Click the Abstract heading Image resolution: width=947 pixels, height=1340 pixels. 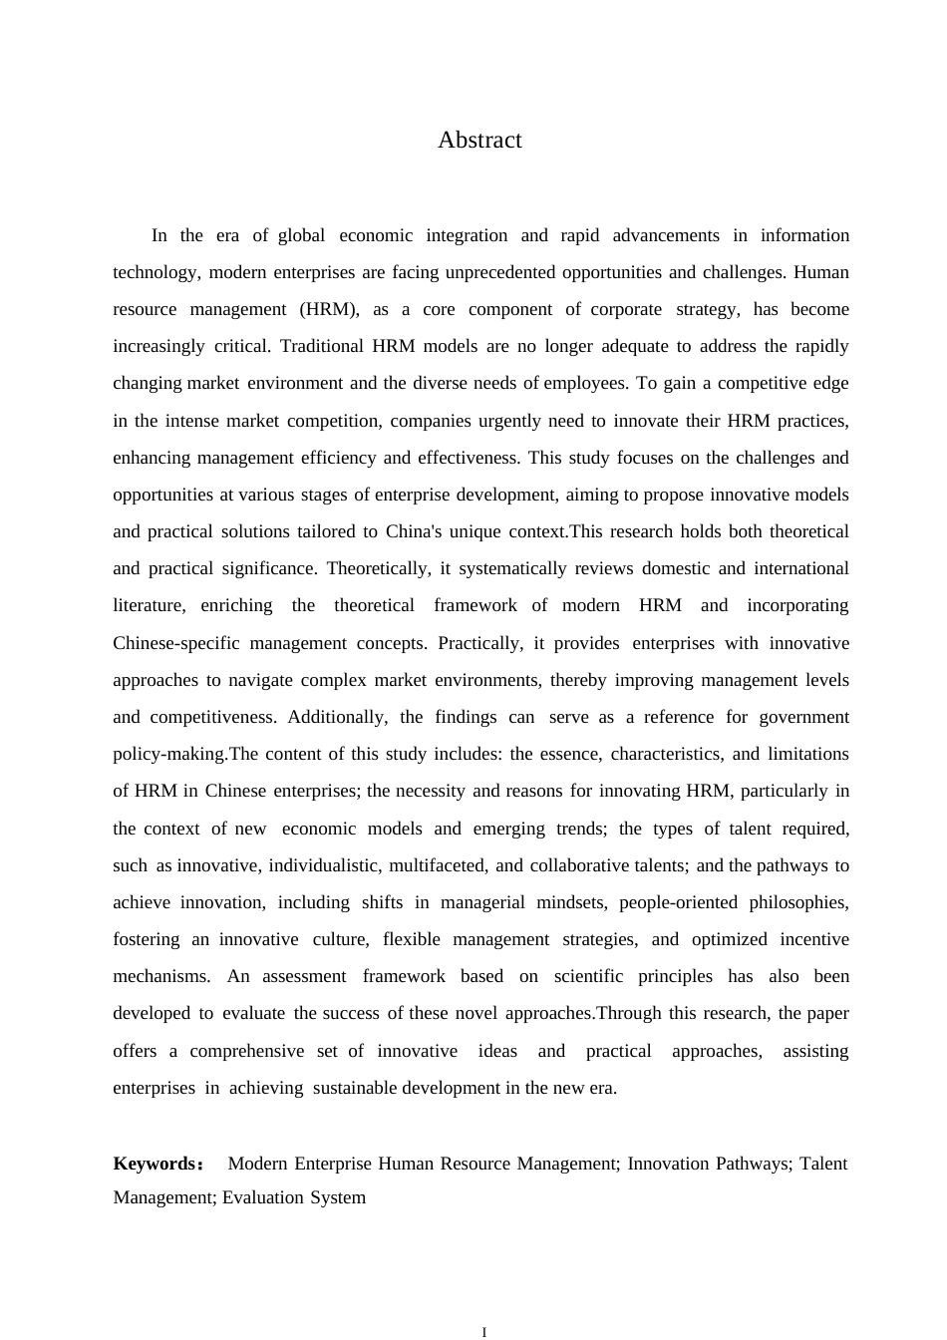tap(479, 141)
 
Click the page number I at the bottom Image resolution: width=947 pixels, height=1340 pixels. tap(483, 1331)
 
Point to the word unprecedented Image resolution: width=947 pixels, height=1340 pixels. tap(500, 272)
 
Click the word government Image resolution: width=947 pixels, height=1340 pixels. tap(803, 717)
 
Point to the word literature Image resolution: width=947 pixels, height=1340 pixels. tap(149, 605)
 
